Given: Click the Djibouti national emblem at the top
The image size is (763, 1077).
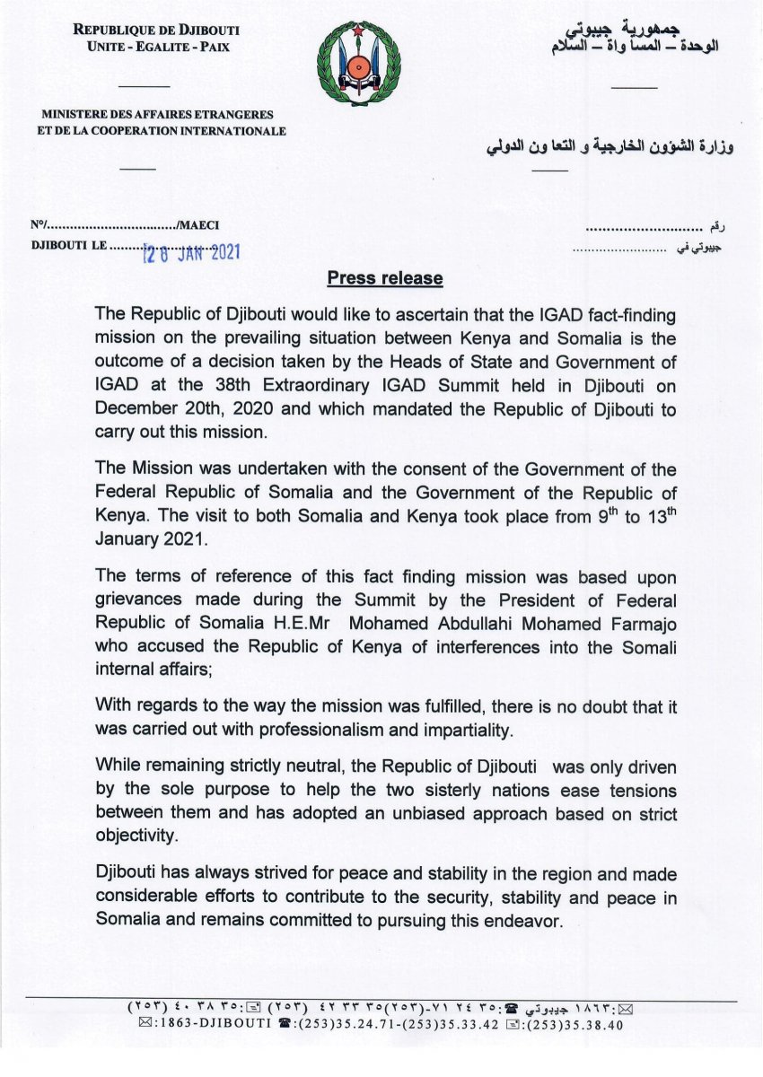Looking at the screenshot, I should coord(358,64).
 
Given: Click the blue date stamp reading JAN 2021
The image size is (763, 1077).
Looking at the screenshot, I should coord(193,254).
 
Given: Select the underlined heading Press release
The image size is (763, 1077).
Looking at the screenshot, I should coord(385,278).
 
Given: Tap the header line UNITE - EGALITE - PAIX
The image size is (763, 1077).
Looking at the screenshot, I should coord(157,48).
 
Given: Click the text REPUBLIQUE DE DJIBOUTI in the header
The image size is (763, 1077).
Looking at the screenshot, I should coord(157,31).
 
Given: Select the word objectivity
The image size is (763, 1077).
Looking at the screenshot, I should coord(136,834).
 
